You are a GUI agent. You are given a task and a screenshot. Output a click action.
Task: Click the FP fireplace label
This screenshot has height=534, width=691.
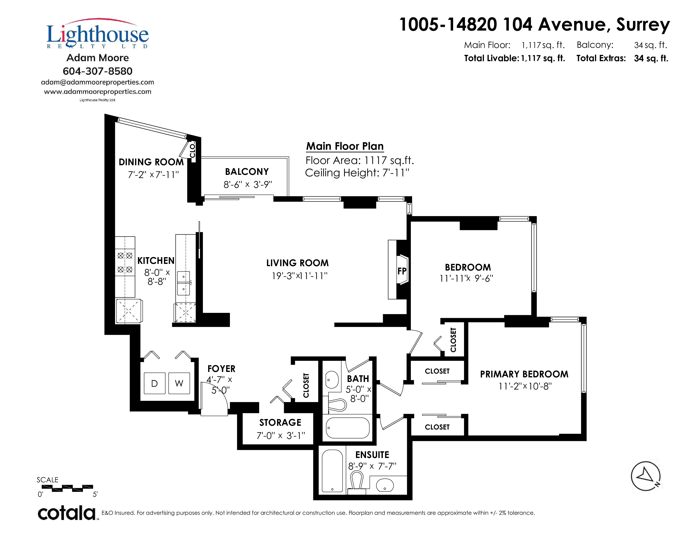pos(402,271)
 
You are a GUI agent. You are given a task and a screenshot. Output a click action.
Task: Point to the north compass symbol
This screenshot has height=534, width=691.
pos(645,476)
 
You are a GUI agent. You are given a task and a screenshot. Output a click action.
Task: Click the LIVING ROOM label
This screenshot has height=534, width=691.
pos(297,263)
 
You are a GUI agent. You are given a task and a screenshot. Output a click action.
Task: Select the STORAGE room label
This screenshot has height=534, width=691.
pos(280,423)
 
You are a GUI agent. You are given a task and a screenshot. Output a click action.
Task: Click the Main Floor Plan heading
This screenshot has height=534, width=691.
pos(345,146)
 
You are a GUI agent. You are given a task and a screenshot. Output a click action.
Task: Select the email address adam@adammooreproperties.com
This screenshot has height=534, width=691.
pos(97,82)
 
